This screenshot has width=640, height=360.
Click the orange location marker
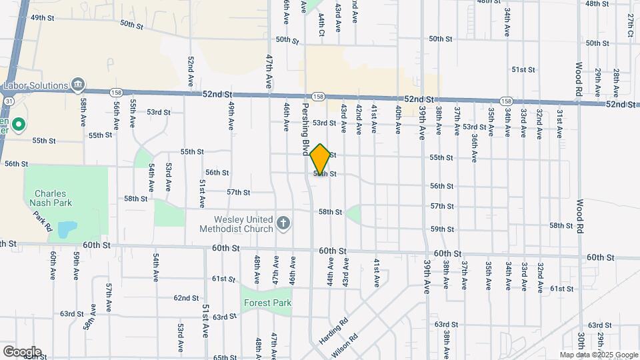point(321,159)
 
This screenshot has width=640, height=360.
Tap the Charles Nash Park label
point(50,198)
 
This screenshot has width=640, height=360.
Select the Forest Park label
point(266,303)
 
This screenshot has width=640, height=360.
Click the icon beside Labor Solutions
point(78,85)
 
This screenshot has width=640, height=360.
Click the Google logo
point(21,352)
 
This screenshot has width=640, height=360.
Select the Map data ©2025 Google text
point(599,355)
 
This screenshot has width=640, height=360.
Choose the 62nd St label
point(186,298)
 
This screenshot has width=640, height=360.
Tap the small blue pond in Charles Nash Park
point(66,230)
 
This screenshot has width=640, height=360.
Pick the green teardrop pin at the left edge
point(19,124)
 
